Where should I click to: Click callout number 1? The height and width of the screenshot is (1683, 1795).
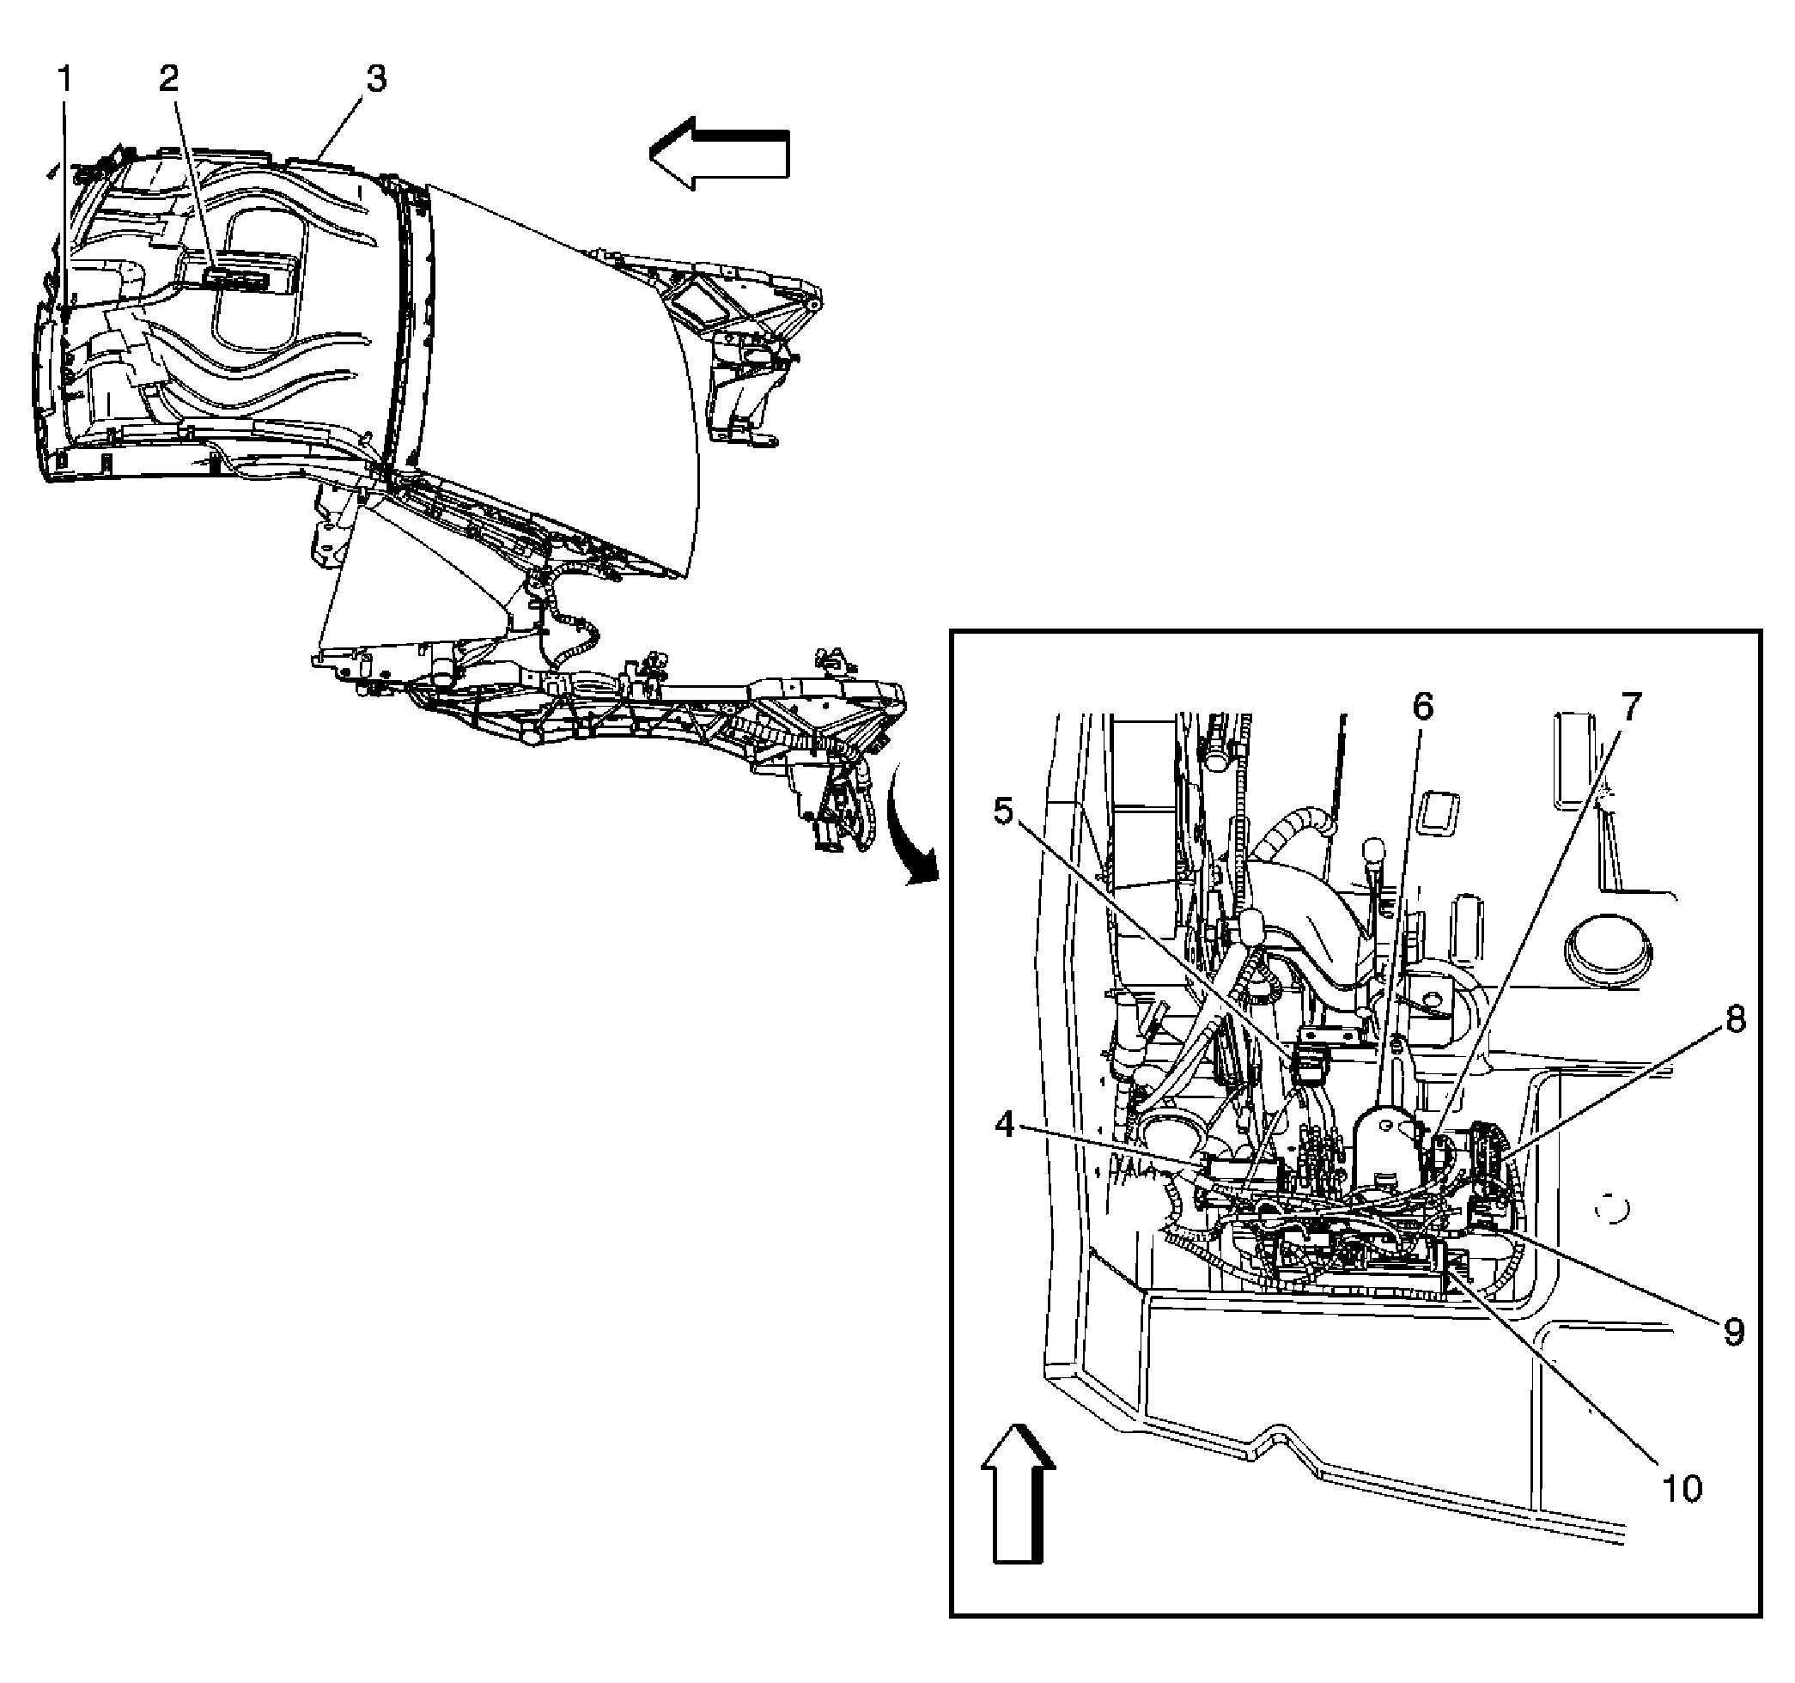click(x=64, y=82)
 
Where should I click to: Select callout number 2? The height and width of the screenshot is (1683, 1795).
click(x=169, y=80)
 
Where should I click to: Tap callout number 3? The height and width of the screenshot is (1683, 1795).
click(x=375, y=80)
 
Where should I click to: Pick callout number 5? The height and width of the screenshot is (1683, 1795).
click(x=1004, y=811)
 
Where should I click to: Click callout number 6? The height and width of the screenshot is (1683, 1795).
click(x=1422, y=707)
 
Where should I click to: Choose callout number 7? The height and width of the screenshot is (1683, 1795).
click(x=1631, y=707)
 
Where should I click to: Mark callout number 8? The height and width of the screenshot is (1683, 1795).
click(x=1735, y=1020)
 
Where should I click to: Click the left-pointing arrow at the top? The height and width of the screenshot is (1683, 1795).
click(x=719, y=154)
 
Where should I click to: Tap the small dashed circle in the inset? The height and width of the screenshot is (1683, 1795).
click(x=1612, y=1208)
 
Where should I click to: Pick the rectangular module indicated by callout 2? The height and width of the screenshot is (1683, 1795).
click(x=240, y=276)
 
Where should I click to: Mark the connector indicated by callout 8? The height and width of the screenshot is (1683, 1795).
click(x=1484, y=1143)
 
